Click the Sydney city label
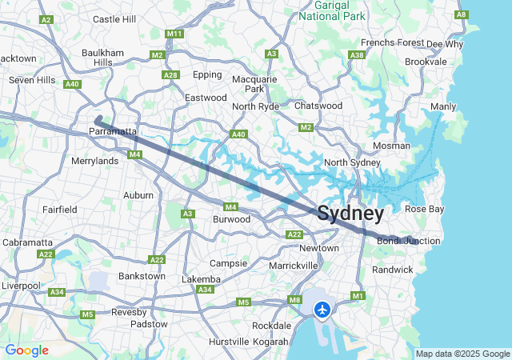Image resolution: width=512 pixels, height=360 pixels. click(350, 214)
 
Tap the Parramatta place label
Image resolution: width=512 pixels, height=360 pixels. click(113, 130)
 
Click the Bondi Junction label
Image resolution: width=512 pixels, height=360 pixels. click(408, 241)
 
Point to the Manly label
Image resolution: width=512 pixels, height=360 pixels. click(443, 106)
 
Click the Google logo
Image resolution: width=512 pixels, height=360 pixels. click(26, 350)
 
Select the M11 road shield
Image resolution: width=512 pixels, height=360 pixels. click(174, 34)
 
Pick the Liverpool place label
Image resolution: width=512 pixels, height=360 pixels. click(20, 286)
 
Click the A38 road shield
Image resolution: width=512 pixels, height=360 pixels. click(357, 55)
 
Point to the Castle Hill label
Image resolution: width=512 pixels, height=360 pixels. click(114, 18)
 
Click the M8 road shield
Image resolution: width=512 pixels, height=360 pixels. click(294, 300)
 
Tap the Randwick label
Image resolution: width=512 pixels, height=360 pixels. click(393, 270)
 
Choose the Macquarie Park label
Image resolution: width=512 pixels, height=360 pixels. click(254, 84)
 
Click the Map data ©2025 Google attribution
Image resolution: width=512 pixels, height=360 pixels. click(462, 354)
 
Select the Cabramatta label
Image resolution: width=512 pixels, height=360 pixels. click(27, 242)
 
